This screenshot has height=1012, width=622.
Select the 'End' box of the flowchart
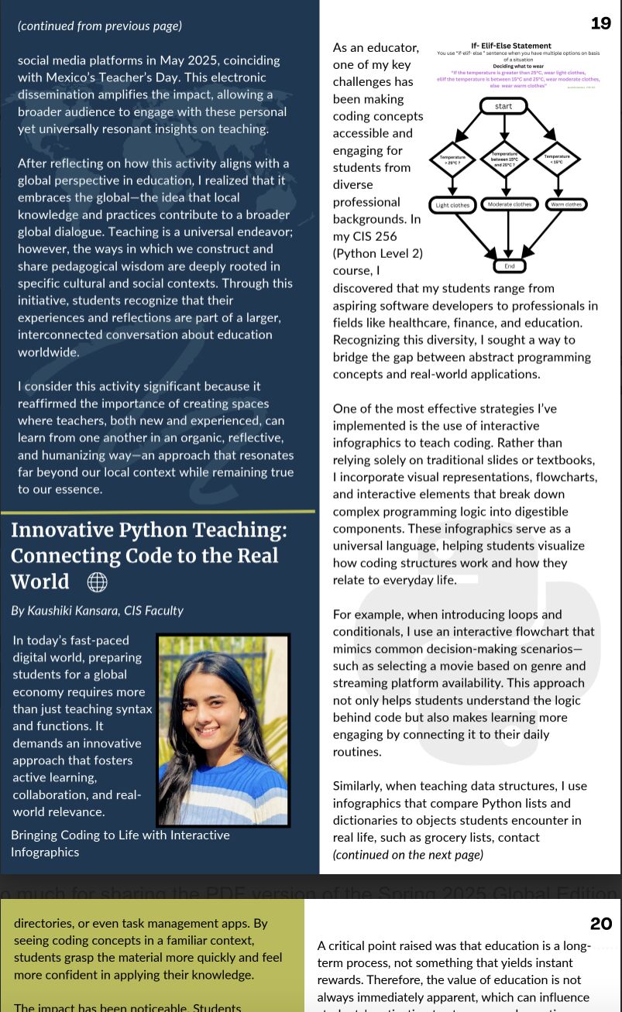pos(509,266)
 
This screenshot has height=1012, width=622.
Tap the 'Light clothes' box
pos(452,205)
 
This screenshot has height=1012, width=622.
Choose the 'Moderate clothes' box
pos(509,204)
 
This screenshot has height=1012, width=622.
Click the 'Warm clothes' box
pos(566,204)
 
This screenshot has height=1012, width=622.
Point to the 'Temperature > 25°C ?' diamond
pos(452,160)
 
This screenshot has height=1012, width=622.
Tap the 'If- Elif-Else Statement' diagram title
pos(510,46)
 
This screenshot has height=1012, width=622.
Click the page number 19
pos(600,23)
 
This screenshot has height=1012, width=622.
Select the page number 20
pos(600,923)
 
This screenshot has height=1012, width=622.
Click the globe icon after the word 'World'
pos(97,581)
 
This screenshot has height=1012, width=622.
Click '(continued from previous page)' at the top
pos(100,26)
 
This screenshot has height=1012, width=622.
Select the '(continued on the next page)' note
pos(407,855)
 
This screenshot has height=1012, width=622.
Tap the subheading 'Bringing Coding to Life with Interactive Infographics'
pos(120,843)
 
